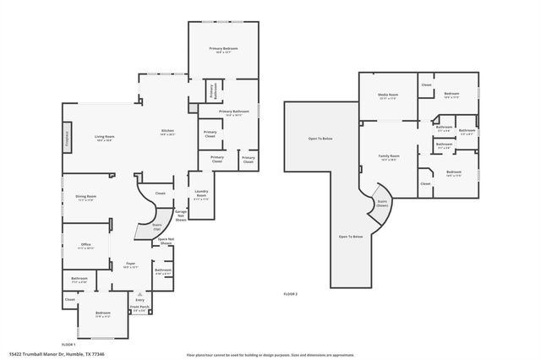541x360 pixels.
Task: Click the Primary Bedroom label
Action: (223, 50)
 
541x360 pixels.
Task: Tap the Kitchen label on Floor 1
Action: (167, 132)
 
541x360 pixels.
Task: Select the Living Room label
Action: (104, 138)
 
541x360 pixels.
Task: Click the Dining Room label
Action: (86, 198)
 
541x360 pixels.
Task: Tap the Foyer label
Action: (131, 265)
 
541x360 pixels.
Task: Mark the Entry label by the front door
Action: (139, 300)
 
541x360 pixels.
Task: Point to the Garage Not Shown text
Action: (180, 215)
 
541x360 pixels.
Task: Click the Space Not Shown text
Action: (166, 241)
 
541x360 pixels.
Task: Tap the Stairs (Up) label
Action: (156, 227)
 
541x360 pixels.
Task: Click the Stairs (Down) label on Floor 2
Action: (381, 204)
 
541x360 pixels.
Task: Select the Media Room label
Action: (388, 97)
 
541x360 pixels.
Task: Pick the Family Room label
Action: (389, 157)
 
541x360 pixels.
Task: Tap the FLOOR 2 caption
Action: (290, 294)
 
